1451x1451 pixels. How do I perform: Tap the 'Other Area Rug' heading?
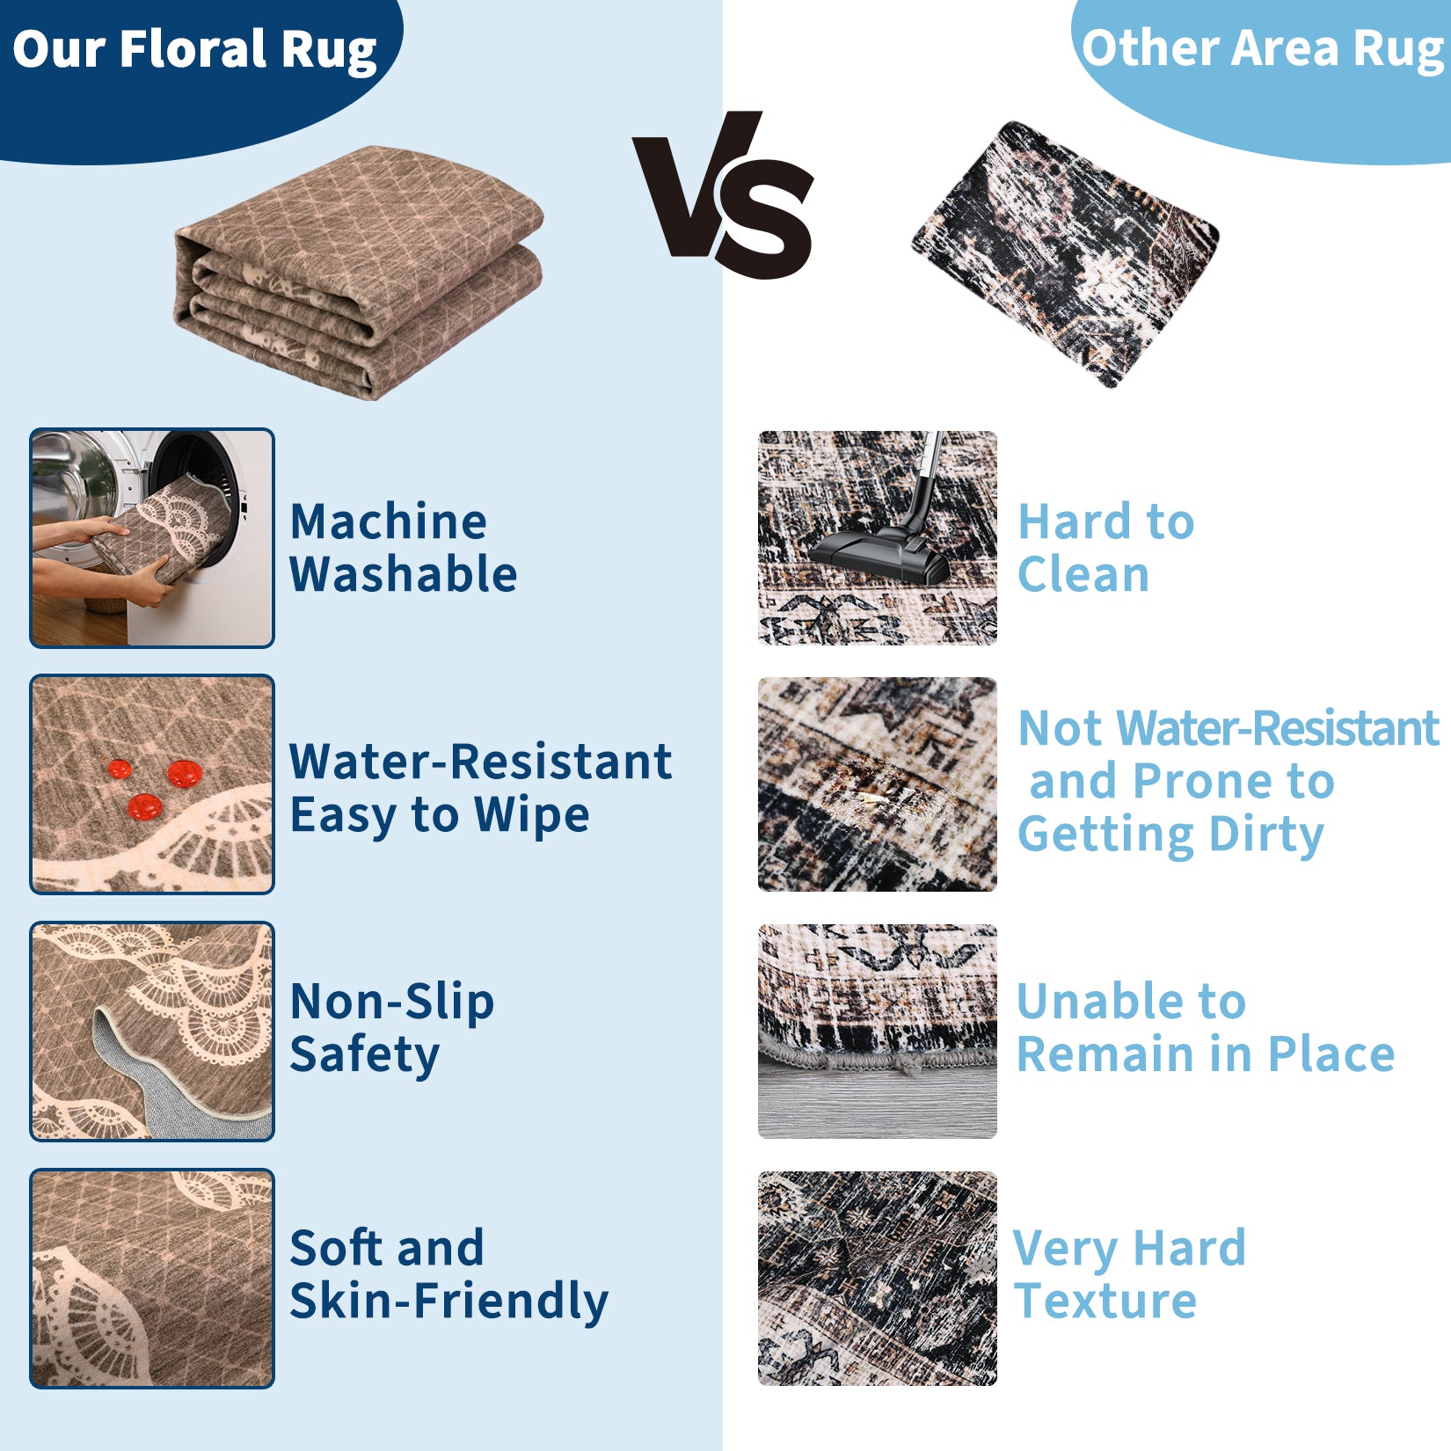[1265, 48]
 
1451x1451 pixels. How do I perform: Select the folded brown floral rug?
[359, 273]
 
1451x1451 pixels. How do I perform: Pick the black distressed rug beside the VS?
[1066, 253]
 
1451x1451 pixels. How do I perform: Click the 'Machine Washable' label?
[403, 547]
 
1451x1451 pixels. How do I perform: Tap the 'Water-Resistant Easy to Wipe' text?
[481, 788]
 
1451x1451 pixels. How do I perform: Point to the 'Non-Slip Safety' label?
[392, 1028]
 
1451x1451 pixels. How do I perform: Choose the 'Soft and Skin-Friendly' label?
[448, 1275]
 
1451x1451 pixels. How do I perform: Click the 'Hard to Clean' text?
[1105, 547]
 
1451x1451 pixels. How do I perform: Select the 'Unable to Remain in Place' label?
[1206, 1027]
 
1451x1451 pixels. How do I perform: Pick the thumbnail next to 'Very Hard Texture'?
[878, 1278]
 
